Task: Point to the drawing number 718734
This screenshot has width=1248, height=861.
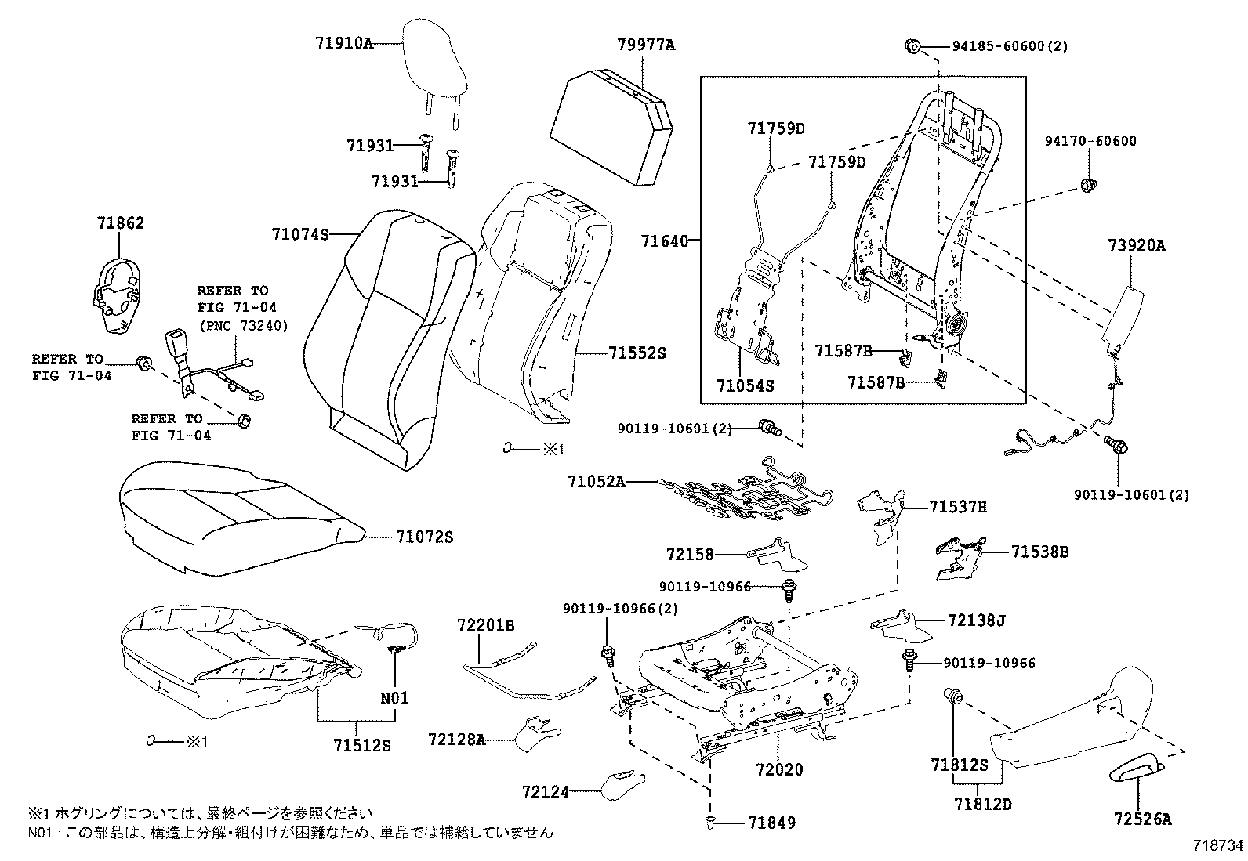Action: pyautogui.click(x=1218, y=845)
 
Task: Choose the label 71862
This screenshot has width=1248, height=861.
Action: pyautogui.click(x=121, y=224)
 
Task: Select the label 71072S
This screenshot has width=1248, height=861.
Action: pyautogui.click(x=423, y=537)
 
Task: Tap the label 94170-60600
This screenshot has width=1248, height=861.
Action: pyautogui.click(x=1090, y=142)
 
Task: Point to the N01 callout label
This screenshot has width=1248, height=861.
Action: pyautogui.click(x=394, y=698)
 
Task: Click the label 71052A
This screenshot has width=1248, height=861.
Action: pyautogui.click(x=597, y=481)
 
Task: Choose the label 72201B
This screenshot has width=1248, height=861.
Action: pyautogui.click(x=486, y=625)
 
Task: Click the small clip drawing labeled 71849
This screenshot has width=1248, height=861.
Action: pyautogui.click(x=709, y=821)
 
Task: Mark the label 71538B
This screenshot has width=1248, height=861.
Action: pyautogui.click(x=1039, y=552)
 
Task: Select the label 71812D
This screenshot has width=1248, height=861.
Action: pyautogui.click(x=982, y=804)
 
